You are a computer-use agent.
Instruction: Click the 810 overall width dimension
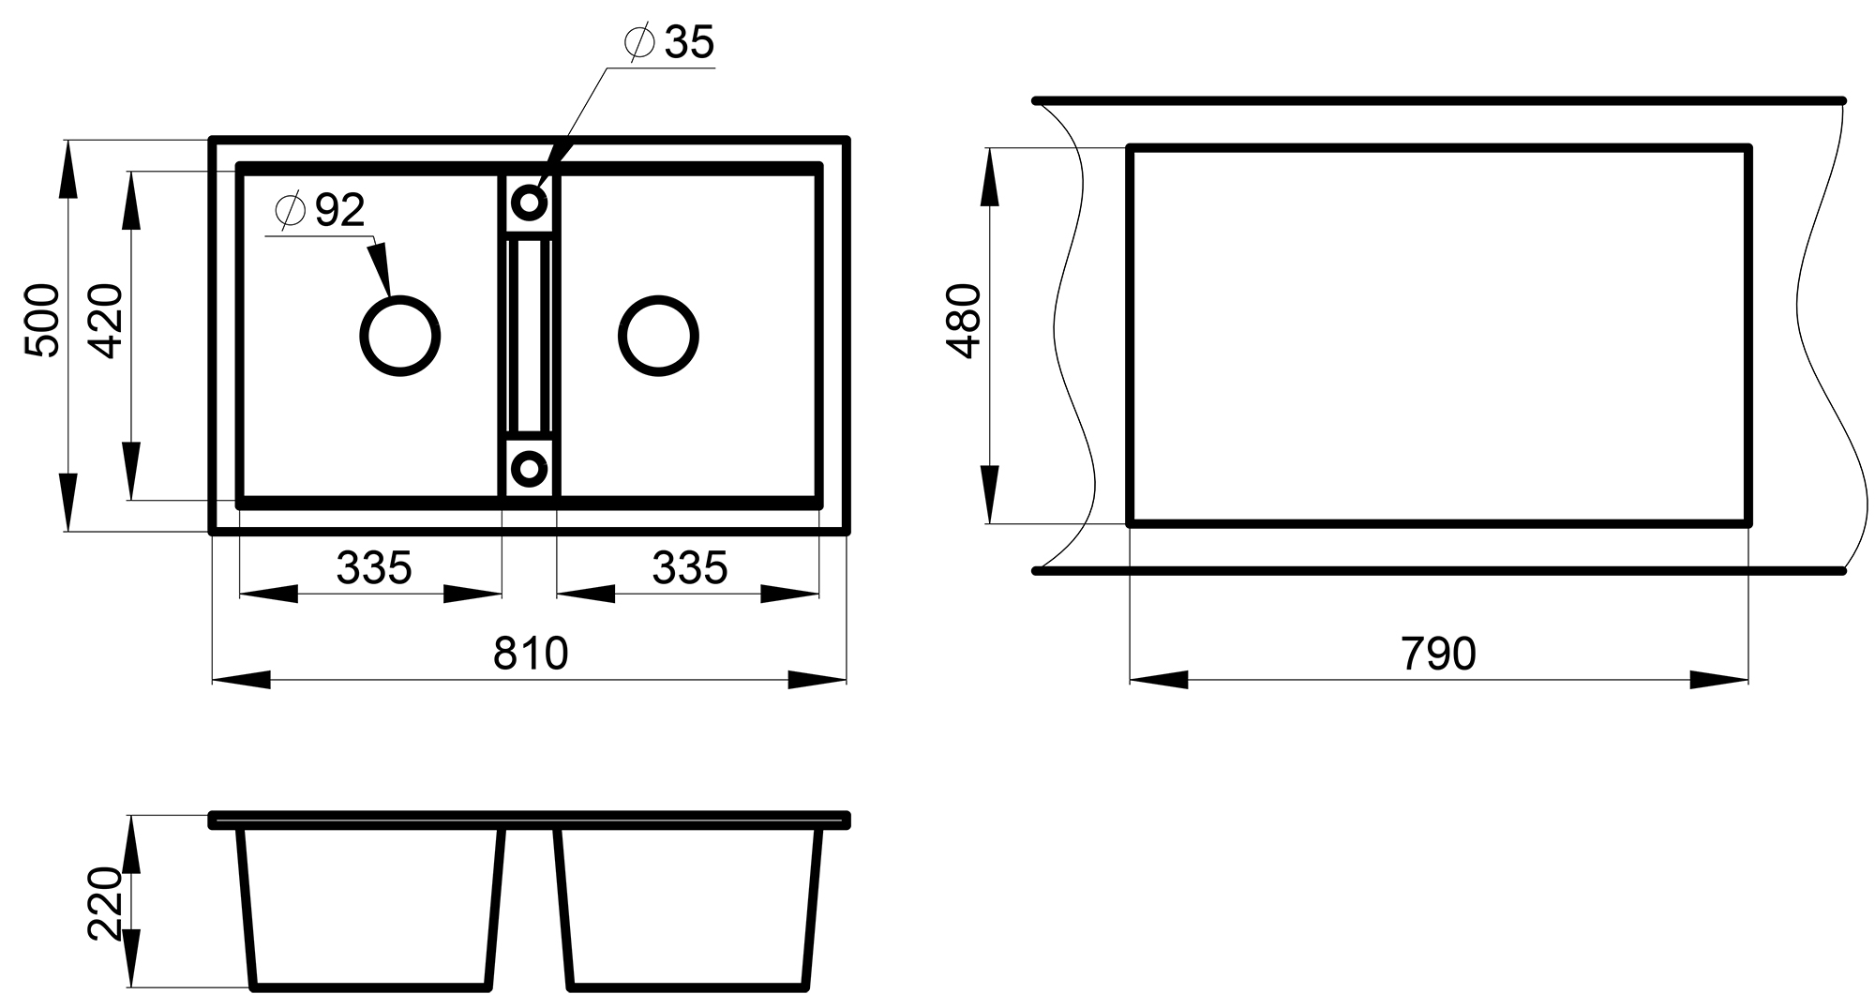[x=531, y=654]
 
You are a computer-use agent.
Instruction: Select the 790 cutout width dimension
[x=1438, y=654]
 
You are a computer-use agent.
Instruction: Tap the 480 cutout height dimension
[x=965, y=321]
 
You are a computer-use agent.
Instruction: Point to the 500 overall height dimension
[x=43, y=321]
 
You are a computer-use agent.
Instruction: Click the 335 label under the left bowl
[x=373, y=567]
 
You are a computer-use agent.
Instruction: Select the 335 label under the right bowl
[x=689, y=567]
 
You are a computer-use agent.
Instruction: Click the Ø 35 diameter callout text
[x=669, y=43]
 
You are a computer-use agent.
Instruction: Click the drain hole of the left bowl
[x=400, y=336]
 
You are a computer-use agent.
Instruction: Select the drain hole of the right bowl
[x=658, y=336]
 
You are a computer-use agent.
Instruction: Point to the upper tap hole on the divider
[x=529, y=202]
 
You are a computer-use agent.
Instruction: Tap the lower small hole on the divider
[x=529, y=467]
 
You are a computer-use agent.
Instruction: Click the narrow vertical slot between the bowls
[x=529, y=336]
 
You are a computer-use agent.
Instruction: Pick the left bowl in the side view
[x=373, y=905]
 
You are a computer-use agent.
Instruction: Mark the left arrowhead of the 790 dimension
[x=1159, y=680]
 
